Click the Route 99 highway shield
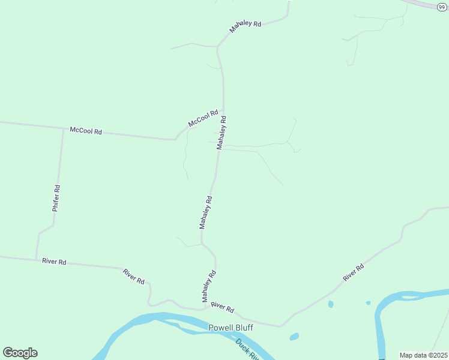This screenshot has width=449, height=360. tap(442, 5)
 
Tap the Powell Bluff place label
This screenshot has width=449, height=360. tap(231, 328)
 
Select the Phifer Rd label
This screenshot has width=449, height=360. tap(56, 198)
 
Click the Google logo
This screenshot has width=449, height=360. tap(20, 353)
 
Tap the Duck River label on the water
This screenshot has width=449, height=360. tap(247, 349)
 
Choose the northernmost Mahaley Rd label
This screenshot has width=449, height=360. tap(246, 27)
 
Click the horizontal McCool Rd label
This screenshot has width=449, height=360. tap(86, 130)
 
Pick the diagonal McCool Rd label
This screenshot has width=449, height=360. tap(203, 117)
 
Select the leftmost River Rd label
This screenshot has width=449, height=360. tap(54, 262)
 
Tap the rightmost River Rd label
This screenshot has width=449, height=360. tap(354, 272)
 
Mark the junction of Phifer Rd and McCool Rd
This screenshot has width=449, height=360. tap(63, 128)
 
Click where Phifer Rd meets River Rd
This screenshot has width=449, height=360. tap(37, 259)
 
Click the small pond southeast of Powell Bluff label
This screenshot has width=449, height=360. tap(294, 337)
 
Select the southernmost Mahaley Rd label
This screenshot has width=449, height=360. tap(208, 286)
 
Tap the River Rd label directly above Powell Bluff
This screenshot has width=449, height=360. tap(223, 307)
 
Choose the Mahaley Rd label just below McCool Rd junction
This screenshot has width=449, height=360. tap(222, 133)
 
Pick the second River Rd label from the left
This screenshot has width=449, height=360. tap(134, 277)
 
